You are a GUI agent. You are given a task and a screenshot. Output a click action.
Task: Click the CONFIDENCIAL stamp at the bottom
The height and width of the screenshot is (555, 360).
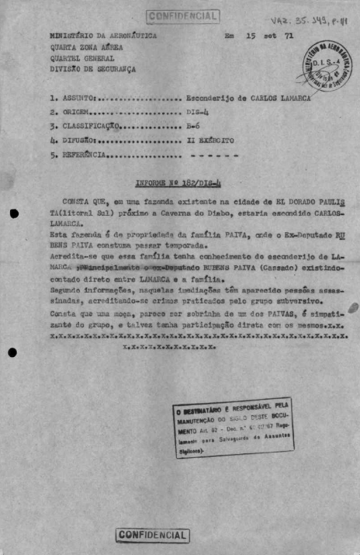tap(153, 535)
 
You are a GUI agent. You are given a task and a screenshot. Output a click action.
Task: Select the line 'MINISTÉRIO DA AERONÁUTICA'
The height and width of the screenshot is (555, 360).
tap(102, 36)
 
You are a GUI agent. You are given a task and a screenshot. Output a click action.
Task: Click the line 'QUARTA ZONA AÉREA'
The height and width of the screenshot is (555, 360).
tap(85, 47)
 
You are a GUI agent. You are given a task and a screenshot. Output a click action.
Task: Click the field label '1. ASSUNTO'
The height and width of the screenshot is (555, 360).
tap(71, 99)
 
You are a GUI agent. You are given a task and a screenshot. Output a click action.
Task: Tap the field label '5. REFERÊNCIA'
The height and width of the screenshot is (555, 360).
tap(77, 155)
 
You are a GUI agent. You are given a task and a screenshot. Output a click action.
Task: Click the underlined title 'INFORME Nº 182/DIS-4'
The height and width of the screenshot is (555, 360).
tap(178, 183)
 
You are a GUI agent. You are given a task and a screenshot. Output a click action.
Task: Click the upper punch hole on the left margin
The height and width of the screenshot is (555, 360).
tap(13, 213)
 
